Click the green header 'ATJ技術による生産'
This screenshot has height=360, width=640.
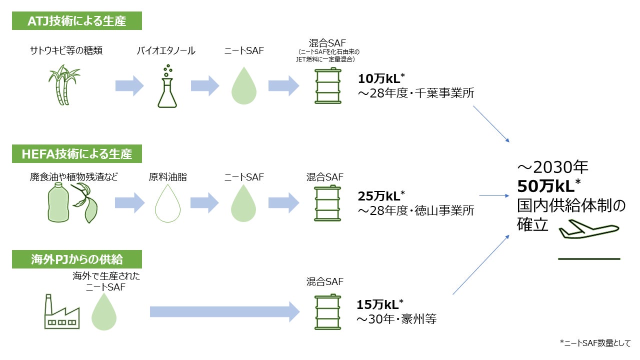[77, 21]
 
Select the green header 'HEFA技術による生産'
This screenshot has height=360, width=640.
[77, 154]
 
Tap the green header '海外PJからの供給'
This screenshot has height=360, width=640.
[77, 259]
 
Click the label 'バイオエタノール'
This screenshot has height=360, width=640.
[166, 50]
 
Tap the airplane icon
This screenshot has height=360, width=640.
[588, 229]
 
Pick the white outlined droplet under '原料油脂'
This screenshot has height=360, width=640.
[168, 203]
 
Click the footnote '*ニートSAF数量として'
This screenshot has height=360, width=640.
[595, 343]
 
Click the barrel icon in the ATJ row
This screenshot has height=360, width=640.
[327, 86]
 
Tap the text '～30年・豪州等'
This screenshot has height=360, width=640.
[396, 319]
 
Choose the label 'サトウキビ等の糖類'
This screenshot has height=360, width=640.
[66, 50]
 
